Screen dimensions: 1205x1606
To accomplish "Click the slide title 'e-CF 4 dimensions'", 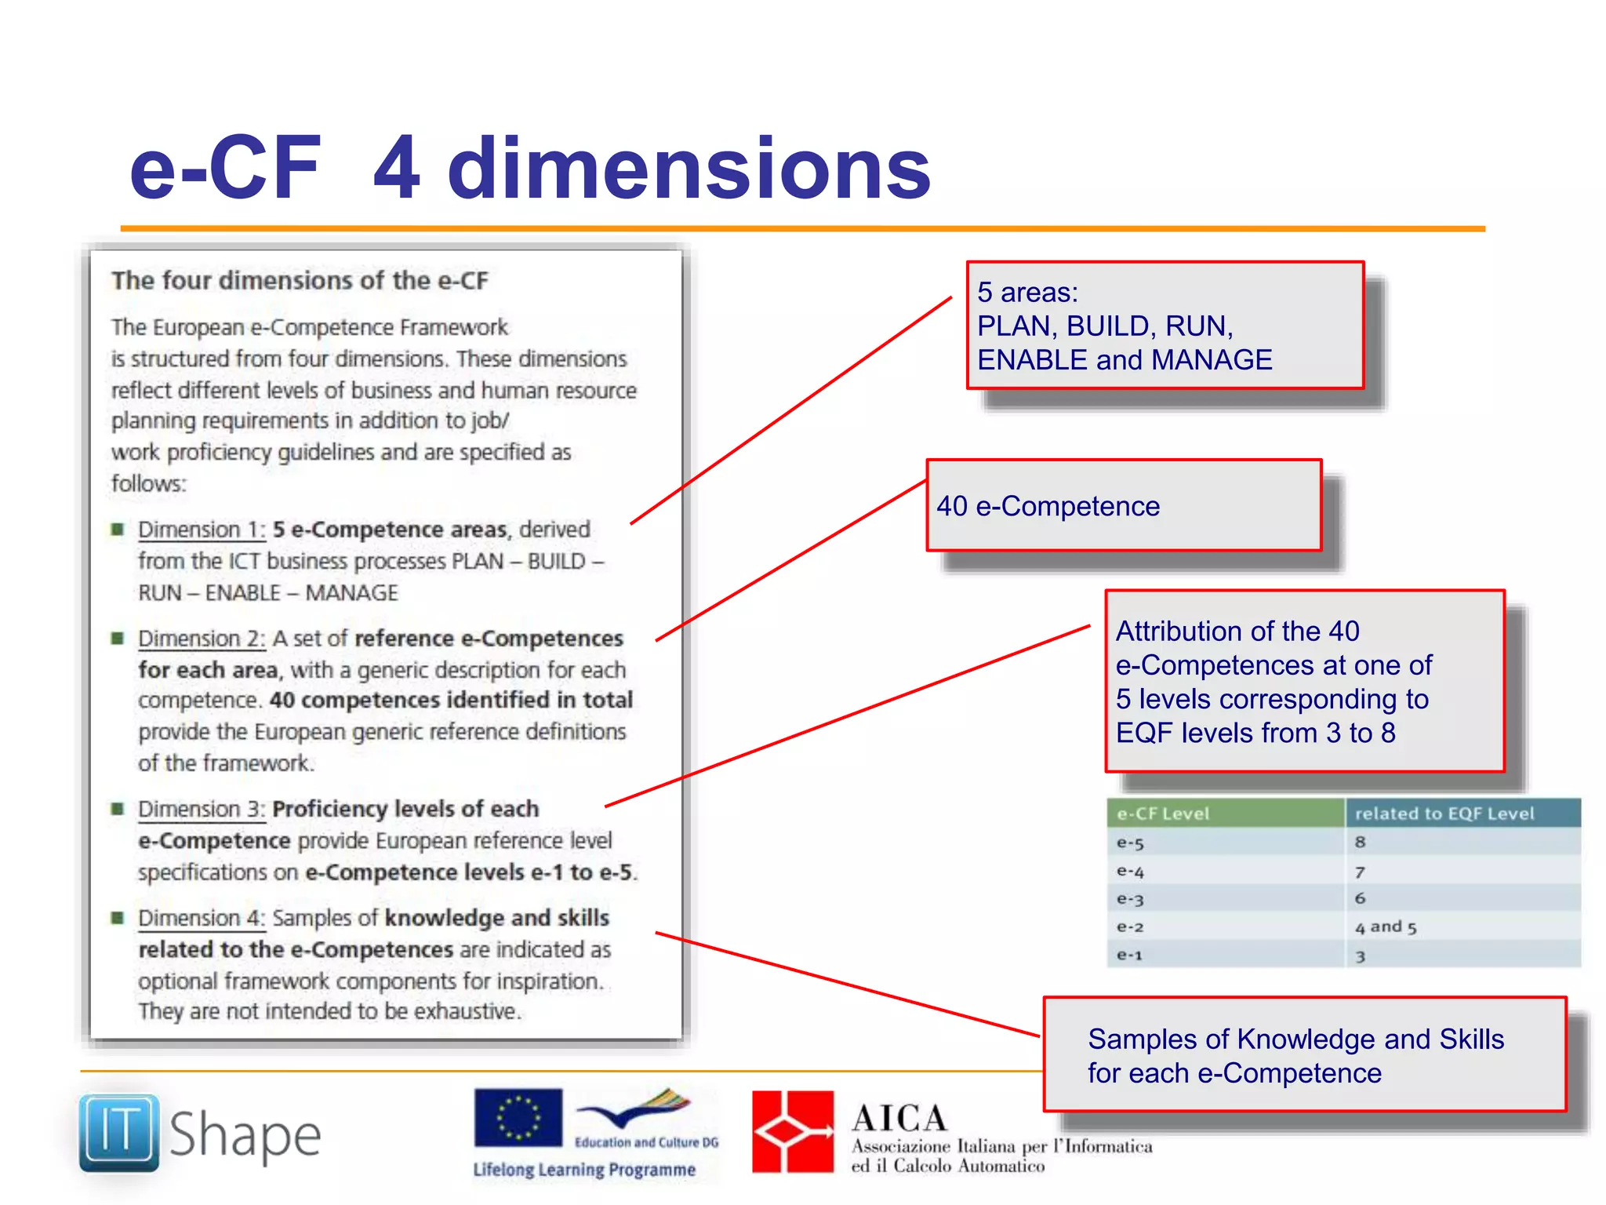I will tap(530, 168).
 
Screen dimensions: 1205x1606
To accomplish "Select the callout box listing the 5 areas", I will tap(1165, 326).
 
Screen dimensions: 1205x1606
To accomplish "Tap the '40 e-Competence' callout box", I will tap(1124, 506).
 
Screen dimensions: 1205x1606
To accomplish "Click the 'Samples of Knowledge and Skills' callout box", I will tap(1304, 1055).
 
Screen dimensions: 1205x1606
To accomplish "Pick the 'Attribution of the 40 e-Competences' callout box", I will tap(1304, 681).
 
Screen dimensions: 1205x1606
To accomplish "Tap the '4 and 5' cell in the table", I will tap(1386, 927).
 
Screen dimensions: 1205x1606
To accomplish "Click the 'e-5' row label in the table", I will tap(1130, 843).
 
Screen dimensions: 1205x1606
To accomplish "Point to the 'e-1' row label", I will tap(1129, 956).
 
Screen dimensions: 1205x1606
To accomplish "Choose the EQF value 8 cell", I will tap(1361, 843).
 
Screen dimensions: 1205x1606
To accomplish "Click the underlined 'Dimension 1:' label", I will tap(202, 530).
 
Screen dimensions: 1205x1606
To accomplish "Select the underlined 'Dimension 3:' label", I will tap(202, 810).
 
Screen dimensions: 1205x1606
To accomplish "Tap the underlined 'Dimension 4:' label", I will tap(202, 919).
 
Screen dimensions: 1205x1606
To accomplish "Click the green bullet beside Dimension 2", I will tap(118, 639).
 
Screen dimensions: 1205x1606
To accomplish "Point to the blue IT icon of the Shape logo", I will tap(119, 1132).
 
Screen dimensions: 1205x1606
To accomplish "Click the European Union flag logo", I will tap(518, 1117).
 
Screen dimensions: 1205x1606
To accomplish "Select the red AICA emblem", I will tap(793, 1131).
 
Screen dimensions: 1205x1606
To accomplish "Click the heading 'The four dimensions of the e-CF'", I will tap(300, 281).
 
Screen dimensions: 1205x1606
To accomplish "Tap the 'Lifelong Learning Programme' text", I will tap(584, 1170).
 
